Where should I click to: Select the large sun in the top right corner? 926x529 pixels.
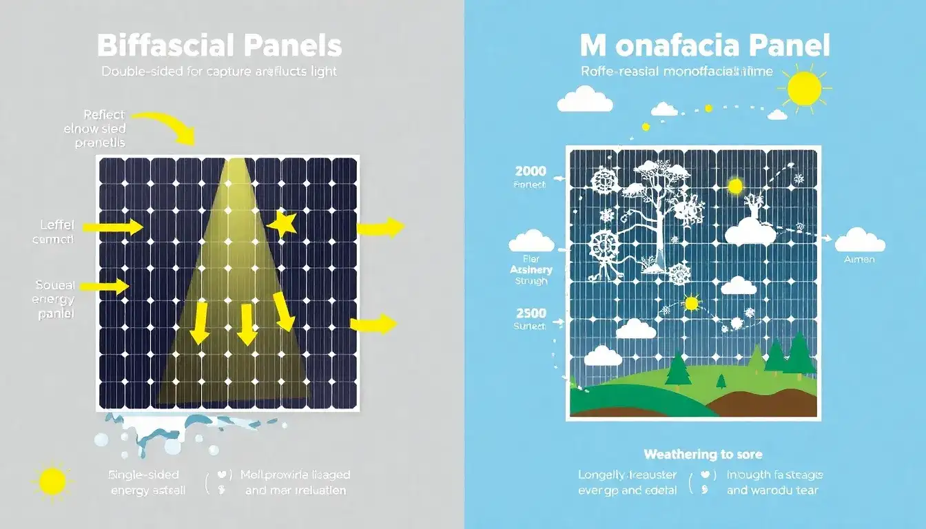tap(805, 88)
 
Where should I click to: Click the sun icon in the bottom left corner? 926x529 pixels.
tap(52, 480)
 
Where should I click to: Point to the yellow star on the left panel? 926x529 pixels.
tap(282, 224)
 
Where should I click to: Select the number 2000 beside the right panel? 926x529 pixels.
tap(531, 172)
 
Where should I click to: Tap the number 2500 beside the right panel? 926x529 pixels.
tap(531, 313)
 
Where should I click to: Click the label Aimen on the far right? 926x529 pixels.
tap(859, 260)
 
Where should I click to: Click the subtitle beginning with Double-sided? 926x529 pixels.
tap(219, 72)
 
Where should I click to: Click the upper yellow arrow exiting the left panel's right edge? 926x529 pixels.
tap(379, 228)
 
